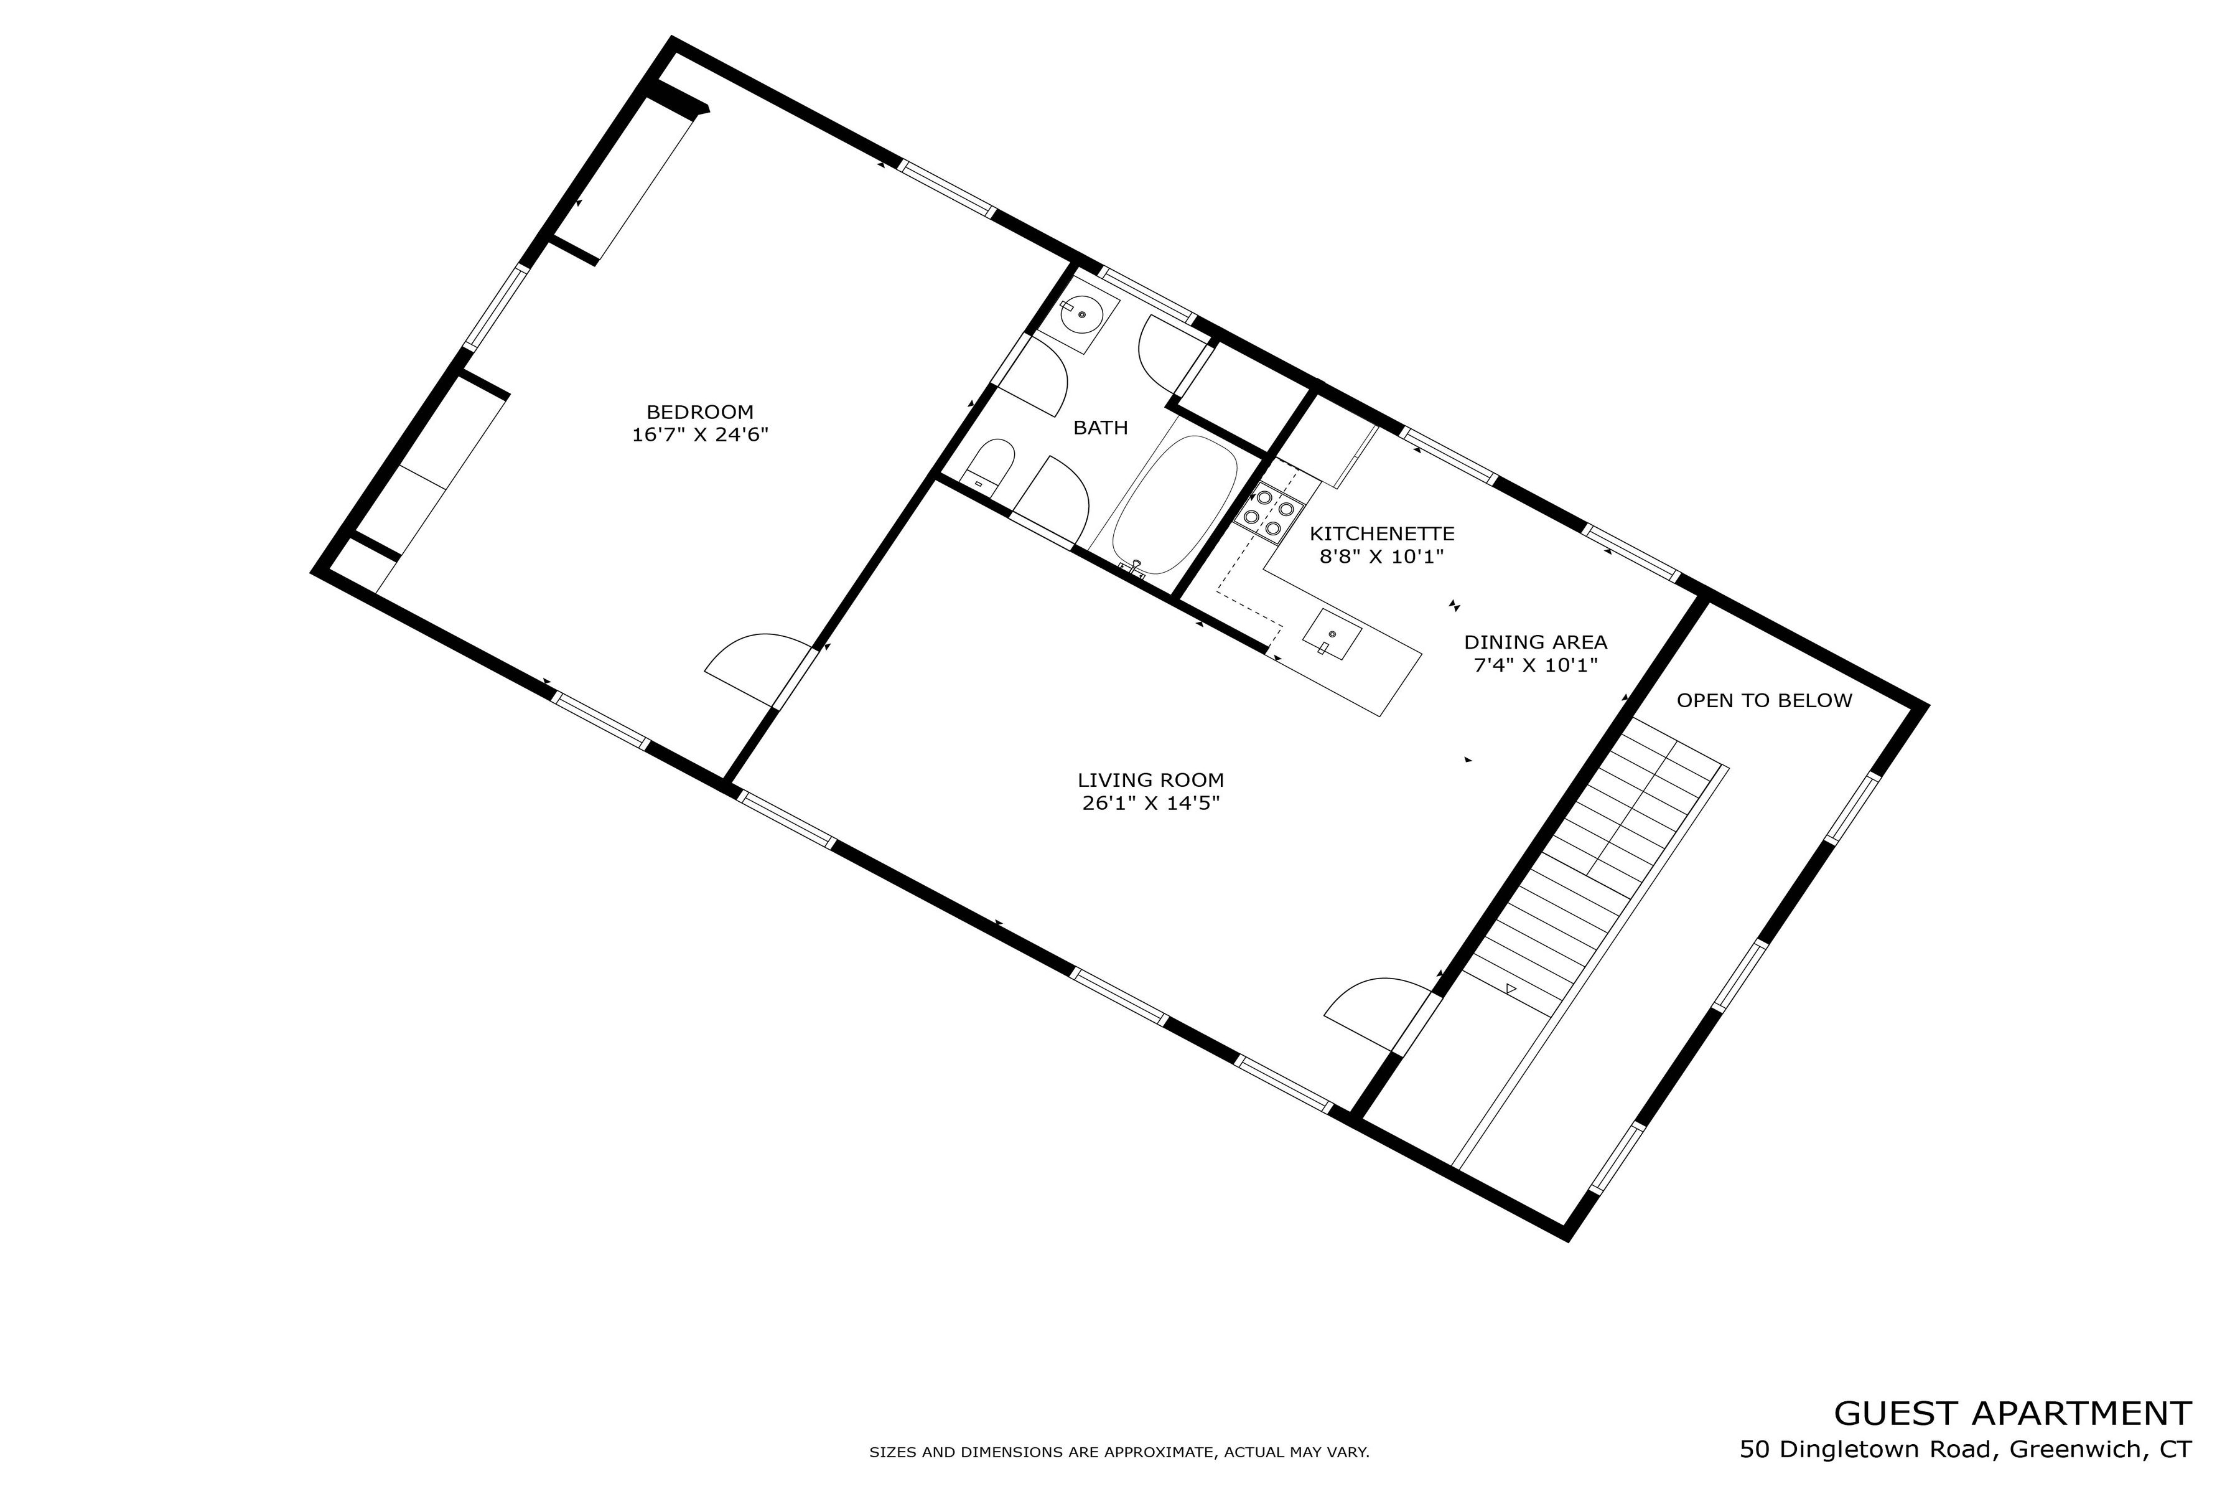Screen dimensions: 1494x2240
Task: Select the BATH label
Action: [1100, 428]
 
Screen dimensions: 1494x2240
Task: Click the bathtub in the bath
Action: [1174, 505]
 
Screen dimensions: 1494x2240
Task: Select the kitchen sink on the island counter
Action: [1330, 634]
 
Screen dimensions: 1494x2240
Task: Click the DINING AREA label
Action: [1534, 642]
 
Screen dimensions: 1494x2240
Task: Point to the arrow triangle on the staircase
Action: [1511, 990]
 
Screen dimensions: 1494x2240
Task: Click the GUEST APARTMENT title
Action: [2012, 1413]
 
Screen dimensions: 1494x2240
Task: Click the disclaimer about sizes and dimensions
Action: [1118, 1453]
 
